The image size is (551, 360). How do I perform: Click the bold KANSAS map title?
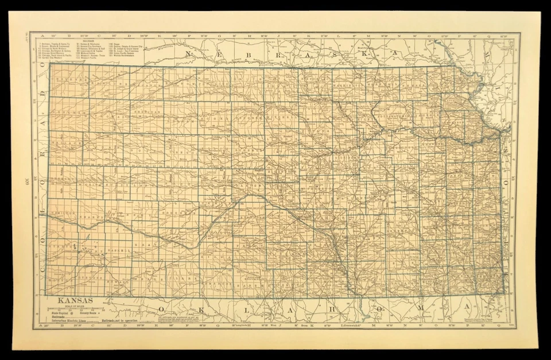[71, 300]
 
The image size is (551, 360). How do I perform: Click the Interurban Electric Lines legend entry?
[69, 320]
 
